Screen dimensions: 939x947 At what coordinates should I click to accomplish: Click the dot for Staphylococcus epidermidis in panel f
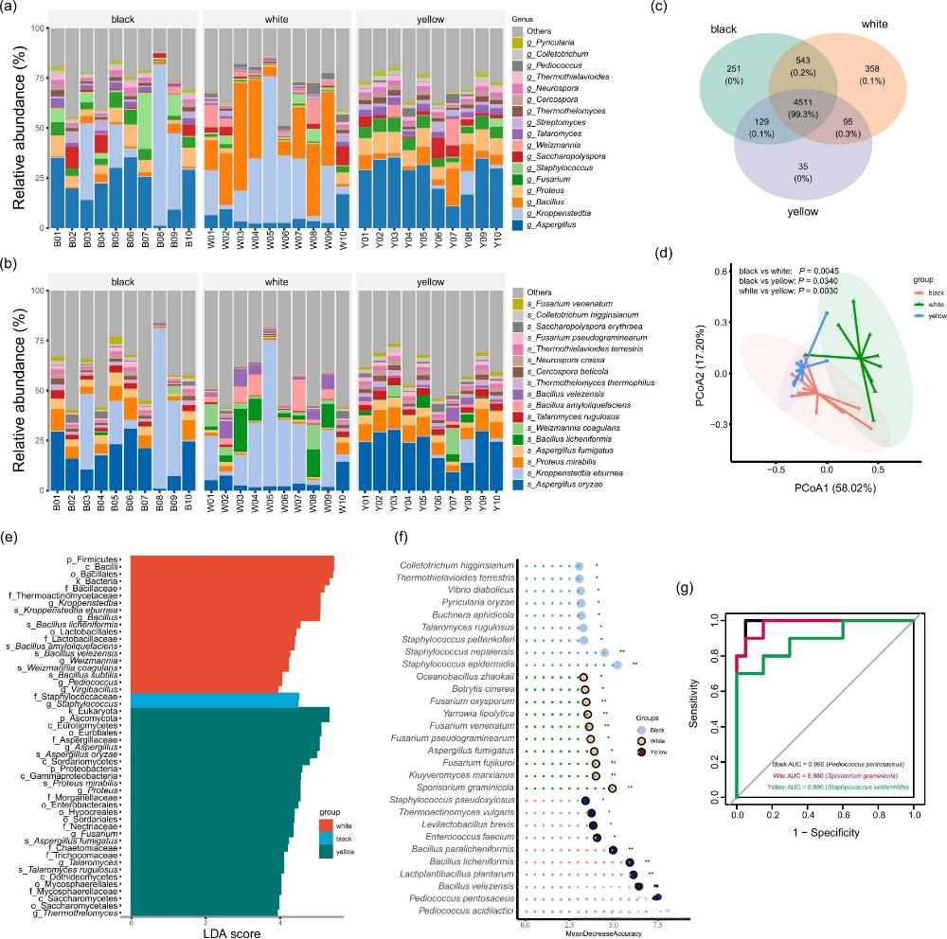coord(617,665)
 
